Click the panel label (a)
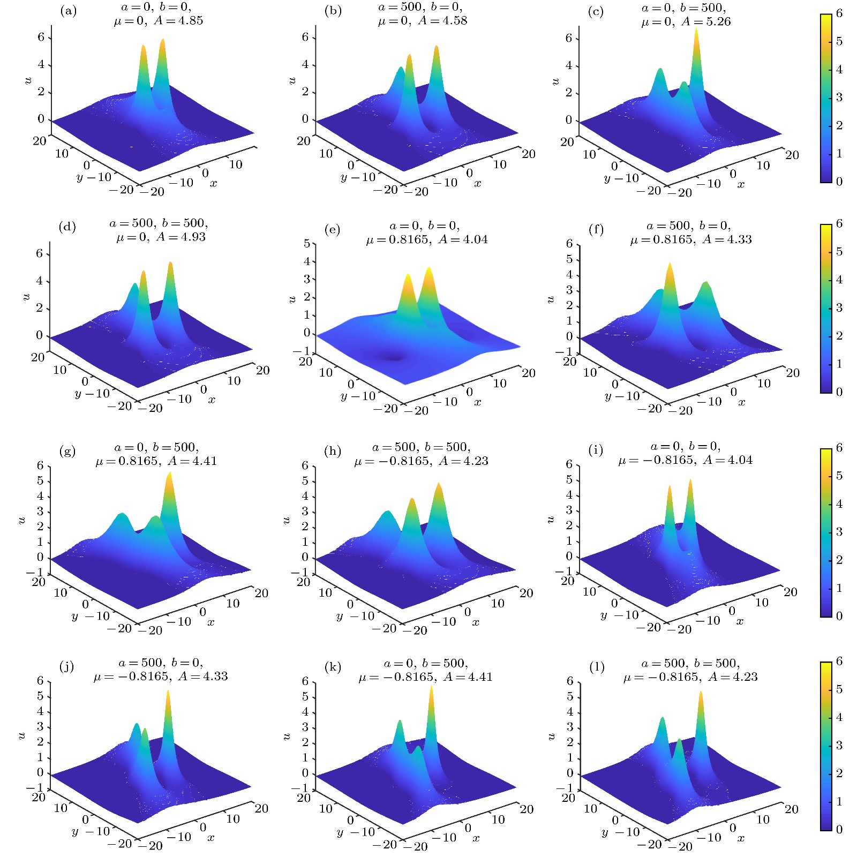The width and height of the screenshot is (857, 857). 68,11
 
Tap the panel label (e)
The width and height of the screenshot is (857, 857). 332,230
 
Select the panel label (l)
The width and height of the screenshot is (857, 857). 597,667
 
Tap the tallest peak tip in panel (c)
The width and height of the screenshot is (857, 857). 696,29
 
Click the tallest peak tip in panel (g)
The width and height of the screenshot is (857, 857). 169,473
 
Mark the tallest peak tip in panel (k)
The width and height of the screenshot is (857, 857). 431,687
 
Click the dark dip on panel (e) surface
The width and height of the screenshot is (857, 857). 395,357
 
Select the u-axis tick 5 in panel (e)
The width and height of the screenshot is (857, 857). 307,243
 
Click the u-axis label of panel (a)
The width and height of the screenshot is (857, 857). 28,80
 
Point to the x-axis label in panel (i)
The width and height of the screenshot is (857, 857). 740,621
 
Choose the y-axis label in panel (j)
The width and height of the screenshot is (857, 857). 74,831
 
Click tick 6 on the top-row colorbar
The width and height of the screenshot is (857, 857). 839,13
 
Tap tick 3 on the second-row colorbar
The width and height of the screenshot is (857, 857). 839,307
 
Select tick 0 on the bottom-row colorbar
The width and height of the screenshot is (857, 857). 839,829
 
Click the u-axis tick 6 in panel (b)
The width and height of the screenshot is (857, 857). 305,37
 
